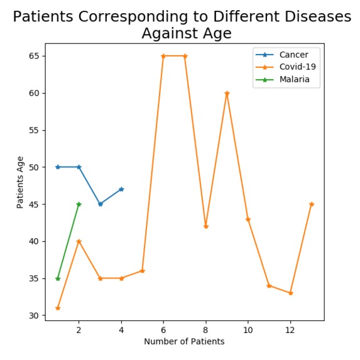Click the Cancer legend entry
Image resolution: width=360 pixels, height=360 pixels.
point(293,55)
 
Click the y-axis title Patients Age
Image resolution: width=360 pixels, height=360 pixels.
point(21,182)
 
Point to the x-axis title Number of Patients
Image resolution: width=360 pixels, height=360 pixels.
point(184,342)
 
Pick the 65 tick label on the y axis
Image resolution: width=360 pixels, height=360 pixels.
point(34,56)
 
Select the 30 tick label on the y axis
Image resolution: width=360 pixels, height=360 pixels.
point(34,315)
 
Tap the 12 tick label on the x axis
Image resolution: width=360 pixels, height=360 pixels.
point(290,329)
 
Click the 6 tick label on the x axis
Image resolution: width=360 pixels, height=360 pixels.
point(163,329)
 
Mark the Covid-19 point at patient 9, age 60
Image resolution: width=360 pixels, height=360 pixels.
point(227,93)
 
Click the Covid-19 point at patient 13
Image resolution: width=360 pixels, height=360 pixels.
point(312,204)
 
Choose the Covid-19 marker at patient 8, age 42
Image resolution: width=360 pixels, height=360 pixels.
point(205,226)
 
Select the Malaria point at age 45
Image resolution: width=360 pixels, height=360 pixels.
point(79,204)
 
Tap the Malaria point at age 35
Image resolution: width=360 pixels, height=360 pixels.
point(58,278)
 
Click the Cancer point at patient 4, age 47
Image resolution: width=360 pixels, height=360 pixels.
point(121,189)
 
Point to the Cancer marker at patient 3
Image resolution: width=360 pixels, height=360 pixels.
point(100,204)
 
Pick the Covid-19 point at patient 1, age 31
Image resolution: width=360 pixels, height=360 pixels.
point(58,308)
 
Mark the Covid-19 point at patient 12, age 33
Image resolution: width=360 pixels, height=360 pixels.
point(290,293)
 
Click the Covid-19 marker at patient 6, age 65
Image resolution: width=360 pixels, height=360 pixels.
point(163,56)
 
